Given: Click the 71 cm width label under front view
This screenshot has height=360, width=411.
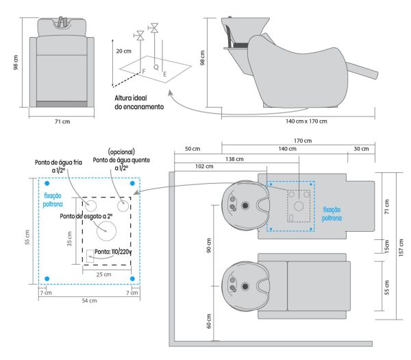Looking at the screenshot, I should click(62, 121).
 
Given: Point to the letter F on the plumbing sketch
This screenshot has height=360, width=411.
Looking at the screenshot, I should click(143, 71).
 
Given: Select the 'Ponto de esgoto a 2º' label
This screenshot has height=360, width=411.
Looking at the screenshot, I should click(86, 216).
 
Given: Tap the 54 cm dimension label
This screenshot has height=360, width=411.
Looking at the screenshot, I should click(89, 301).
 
